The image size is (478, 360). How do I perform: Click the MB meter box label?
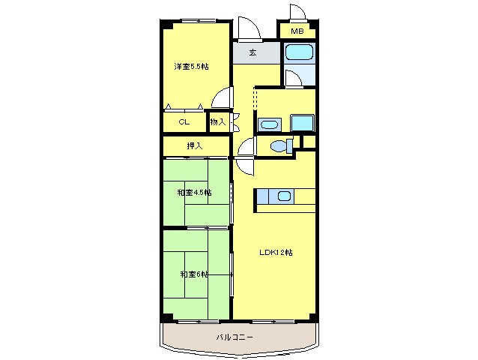297,31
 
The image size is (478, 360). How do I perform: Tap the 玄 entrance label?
252,52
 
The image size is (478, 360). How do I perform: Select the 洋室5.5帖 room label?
191,67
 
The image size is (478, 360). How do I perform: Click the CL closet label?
184,122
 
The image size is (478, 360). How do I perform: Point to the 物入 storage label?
218,122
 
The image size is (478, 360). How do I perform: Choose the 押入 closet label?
195,146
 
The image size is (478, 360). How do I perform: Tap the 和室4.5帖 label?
195,193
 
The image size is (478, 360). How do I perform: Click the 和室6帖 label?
194,274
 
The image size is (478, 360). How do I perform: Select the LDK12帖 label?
276,253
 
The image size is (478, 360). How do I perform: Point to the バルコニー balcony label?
235,337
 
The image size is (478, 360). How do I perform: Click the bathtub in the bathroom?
300,52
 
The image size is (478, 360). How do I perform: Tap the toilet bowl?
281,145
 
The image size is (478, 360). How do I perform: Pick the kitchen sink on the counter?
284,196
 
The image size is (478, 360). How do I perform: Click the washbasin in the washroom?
269,124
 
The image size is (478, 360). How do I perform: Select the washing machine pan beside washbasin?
302,123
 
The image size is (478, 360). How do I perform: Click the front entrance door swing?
249,29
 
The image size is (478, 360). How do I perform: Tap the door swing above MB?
298,12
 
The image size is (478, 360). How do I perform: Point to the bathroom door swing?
294,79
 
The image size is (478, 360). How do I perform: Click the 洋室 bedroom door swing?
223,97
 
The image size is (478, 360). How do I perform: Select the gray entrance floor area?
256,52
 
